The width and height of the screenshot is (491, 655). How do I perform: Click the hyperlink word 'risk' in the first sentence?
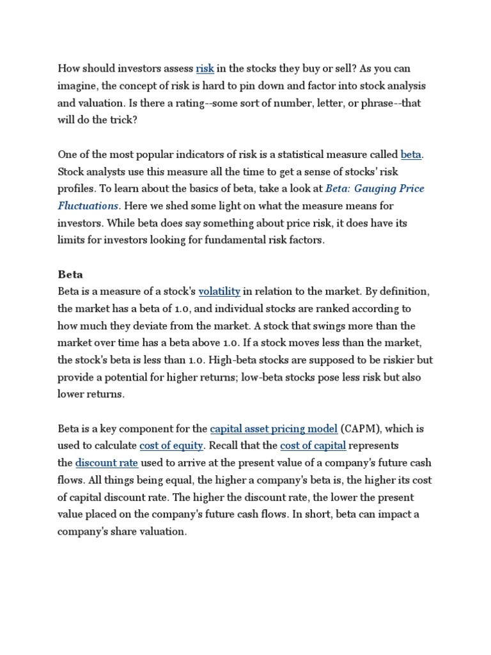[x=205, y=68]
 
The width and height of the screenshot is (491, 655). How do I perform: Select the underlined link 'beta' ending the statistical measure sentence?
[x=411, y=154]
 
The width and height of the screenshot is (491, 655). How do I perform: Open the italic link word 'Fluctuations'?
[x=88, y=206]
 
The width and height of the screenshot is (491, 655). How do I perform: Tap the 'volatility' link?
[x=219, y=292]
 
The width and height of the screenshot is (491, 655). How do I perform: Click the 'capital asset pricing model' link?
[x=274, y=429]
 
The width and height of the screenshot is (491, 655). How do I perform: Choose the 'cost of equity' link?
[x=171, y=446]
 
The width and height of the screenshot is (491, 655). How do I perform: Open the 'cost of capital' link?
[x=313, y=446]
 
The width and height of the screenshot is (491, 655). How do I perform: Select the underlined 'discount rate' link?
[x=107, y=463]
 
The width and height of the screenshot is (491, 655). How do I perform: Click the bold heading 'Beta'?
[x=70, y=274]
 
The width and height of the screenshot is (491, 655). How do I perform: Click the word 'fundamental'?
[x=240, y=241]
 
